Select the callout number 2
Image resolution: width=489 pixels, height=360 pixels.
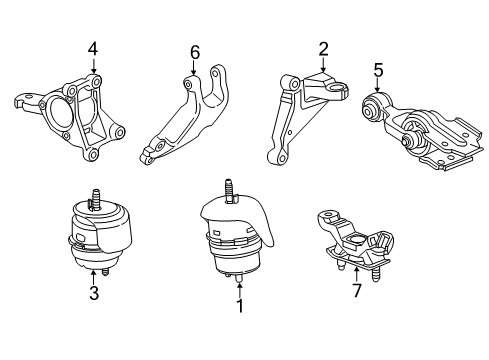(323, 48)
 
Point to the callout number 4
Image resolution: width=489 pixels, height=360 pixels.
(92, 47)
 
